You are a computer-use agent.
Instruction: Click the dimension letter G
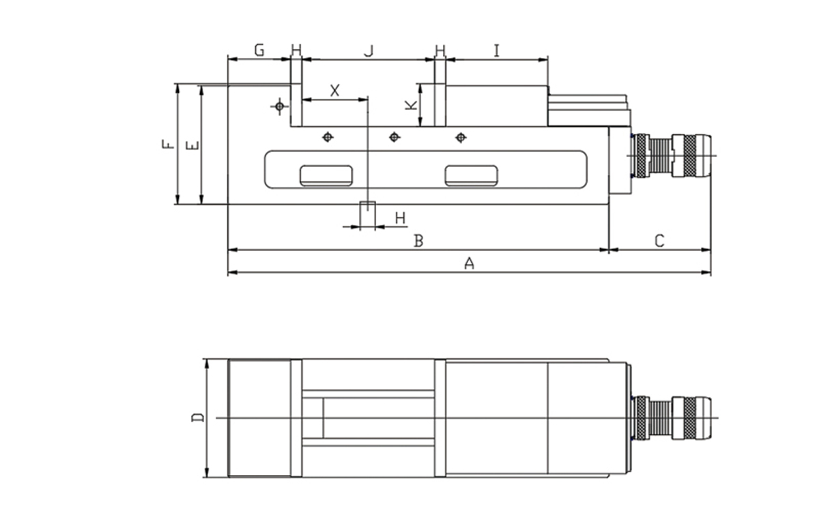click(x=259, y=50)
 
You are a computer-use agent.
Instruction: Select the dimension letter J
click(x=369, y=50)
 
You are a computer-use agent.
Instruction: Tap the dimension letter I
click(x=497, y=50)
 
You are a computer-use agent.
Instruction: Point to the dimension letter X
click(x=334, y=90)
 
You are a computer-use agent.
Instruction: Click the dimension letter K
click(x=410, y=105)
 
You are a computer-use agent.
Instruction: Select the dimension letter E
click(x=192, y=145)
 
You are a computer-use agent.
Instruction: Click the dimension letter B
click(x=419, y=241)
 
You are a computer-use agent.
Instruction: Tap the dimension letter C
click(x=659, y=241)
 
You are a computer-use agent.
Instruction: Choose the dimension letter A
click(x=469, y=263)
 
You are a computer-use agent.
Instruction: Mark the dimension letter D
click(x=197, y=418)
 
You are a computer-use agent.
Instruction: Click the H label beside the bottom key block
click(x=401, y=218)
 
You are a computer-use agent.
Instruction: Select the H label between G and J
click(x=296, y=50)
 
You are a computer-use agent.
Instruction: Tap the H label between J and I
click(x=440, y=50)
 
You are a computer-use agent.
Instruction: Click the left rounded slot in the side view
click(x=326, y=175)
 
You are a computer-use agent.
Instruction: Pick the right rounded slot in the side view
click(x=471, y=175)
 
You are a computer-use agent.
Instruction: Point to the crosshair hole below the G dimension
click(x=279, y=106)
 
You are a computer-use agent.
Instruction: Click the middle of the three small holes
click(x=394, y=137)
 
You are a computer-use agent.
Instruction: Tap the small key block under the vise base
click(x=368, y=214)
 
